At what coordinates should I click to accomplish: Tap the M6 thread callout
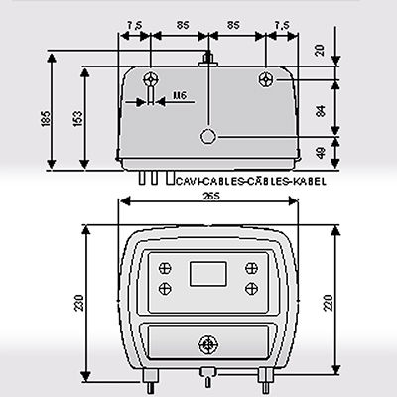click(x=179, y=96)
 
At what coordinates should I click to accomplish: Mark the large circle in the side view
click(x=207, y=137)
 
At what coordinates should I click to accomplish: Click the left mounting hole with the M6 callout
click(x=150, y=79)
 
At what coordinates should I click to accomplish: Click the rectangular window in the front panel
click(x=207, y=271)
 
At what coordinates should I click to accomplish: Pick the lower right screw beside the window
click(x=250, y=287)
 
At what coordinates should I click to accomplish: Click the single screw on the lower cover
click(x=207, y=344)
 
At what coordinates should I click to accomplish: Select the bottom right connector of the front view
click(x=267, y=374)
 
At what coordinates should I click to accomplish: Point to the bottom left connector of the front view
click(x=149, y=374)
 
